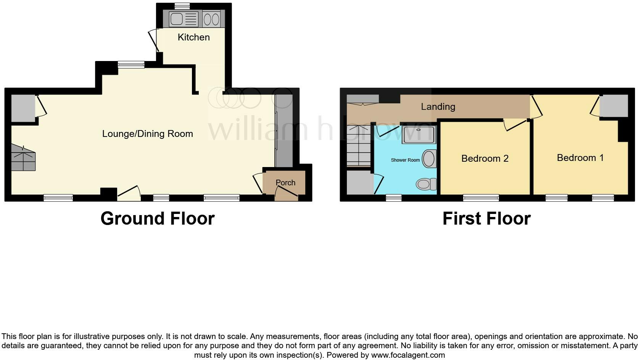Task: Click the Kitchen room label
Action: click(x=193, y=37)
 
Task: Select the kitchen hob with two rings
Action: click(x=211, y=19)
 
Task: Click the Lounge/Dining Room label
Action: click(x=147, y=133)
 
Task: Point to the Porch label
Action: click(x=285, y=183)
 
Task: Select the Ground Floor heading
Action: click(x=157, y=219)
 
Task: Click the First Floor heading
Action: click(x=486, y=219)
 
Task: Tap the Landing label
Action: click(x=438, y=106)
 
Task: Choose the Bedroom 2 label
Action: click(x=485, y=158)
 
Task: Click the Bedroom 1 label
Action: click(x=580, y=157)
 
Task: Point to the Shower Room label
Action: click(x=405, y=160)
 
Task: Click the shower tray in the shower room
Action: click(x=419, y=135)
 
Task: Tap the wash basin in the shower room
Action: click(x=429, y=159)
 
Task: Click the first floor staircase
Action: click(x=358, y=147)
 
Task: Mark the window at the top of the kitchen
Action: click(x=182, y=6)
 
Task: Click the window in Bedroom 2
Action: click(x=481, y=198)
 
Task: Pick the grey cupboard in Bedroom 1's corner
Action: click(x=613, y=106)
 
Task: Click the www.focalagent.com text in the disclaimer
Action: click(x=408, y=355)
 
